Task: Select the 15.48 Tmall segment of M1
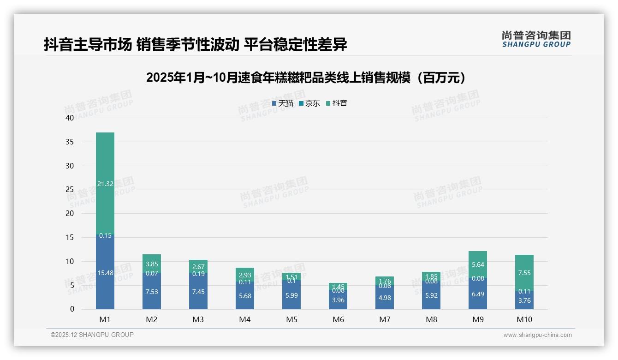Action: coord(105,273)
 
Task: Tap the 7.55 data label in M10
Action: coord(524,273)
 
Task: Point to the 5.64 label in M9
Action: coord(478,264)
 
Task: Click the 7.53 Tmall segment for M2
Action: coord(152,292)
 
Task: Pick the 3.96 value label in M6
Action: coord(338,300)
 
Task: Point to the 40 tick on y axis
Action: coord(70,118)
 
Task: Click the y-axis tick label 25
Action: coord(70,190)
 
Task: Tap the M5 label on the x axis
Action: coord(291,319)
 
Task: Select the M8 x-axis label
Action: coord(431,319)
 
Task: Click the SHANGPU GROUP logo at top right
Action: coord(536,39)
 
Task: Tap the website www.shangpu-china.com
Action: coord(537,335)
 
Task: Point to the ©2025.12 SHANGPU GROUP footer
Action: coord(92,335)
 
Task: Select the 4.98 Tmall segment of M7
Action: coord(385,298)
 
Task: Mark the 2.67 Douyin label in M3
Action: coord(198,267)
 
